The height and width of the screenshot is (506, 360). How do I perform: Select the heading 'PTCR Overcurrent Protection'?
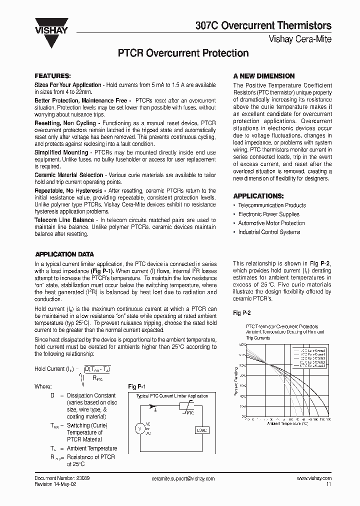click(x=182, y=53)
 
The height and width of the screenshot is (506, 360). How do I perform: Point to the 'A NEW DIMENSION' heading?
click(x=263, y=76)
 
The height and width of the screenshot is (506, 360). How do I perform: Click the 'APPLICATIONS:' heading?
click(x=258, y=196)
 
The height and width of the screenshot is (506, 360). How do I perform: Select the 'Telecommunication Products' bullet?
click(x=272, y=205)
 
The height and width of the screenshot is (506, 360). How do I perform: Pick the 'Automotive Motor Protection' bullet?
click(x=271, y=223)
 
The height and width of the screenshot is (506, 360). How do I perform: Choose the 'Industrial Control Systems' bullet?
click(x=269, y=232)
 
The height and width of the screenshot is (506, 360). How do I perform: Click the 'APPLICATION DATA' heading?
click(x=64, y=254)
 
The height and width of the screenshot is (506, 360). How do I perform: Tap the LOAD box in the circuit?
click(x=201, y=430)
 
